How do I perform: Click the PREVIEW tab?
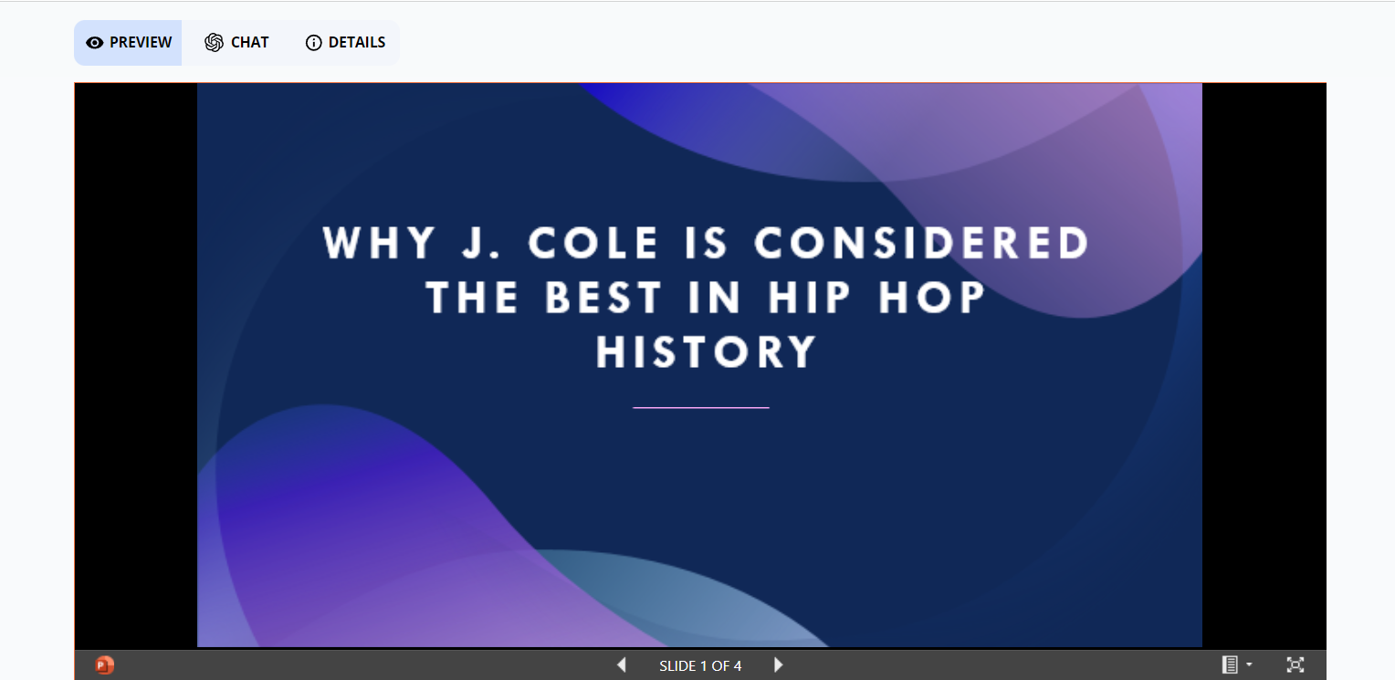click(x=129, y=43)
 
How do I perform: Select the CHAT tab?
click(x=237, y=43)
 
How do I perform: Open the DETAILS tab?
click(x=345, y=43)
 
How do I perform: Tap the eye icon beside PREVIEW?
click(x=94, y=43)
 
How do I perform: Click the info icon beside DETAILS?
click(x=313, y=43)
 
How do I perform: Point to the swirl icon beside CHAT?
click(x=214, y=43)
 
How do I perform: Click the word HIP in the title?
click(x=807, y=298)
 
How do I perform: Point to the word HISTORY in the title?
click(x=706, y=352)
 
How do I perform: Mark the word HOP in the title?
click(x=933, y=298)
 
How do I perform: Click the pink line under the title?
click(x=700, y=407)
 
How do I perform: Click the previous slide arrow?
click(x=622, y=665)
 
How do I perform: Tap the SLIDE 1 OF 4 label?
click(x=700, y=666)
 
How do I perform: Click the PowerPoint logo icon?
click(x=105, y=665)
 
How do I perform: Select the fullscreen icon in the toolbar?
click(x=1295, y=665)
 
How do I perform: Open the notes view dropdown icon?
click(x=1236, y=665)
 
